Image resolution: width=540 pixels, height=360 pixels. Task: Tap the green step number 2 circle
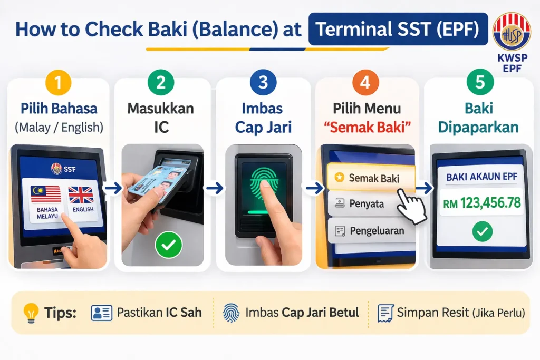click(x=162, y=84)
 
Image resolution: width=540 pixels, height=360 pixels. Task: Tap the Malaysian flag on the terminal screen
click(x=46, y=194)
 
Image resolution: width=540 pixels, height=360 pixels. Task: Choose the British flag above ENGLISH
click(x=81, y=194)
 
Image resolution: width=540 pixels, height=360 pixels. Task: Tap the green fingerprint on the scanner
click(x=262, y=180)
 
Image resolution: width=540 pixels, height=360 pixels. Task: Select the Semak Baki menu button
click(x=371, y=178)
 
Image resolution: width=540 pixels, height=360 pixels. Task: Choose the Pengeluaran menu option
click(x=370, y=230)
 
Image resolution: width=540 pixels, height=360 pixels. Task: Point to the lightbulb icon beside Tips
click(x=31, y=313)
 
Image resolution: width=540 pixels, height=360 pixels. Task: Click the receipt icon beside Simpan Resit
click(x=386, y=313)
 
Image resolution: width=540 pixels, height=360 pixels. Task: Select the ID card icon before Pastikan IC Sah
click(x=101, y=313)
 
